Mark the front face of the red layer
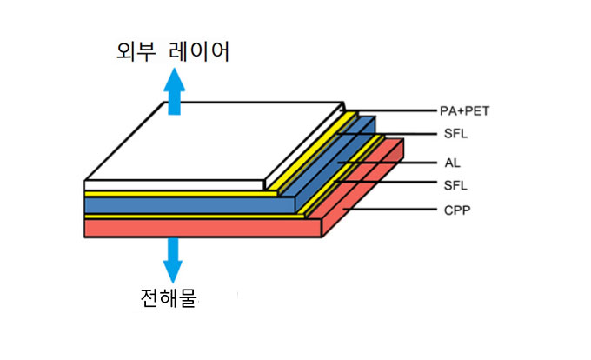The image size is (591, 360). (x=200, y=228)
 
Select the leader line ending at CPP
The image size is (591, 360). (x=391, y=210)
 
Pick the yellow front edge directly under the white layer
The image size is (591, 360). (x=174, y=193)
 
